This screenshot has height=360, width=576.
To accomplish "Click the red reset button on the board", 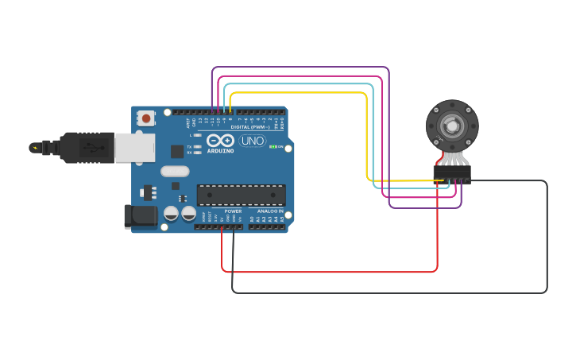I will point(146,118).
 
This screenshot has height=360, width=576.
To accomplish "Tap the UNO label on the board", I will point(252,141).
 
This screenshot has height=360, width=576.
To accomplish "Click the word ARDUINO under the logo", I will point(219,149).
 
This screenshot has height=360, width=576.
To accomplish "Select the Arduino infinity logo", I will point(219,139).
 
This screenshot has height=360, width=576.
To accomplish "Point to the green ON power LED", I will point(272,147).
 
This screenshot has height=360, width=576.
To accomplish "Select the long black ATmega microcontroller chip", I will point(241,195).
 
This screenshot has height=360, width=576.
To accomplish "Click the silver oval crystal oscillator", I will point(175,171).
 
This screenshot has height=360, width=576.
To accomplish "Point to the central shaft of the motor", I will point(452,125).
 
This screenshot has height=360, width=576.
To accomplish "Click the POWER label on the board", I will point(233,211).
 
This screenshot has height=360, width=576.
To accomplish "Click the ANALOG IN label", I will point(270,211).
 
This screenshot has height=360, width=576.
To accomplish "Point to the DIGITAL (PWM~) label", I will point(249,126).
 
